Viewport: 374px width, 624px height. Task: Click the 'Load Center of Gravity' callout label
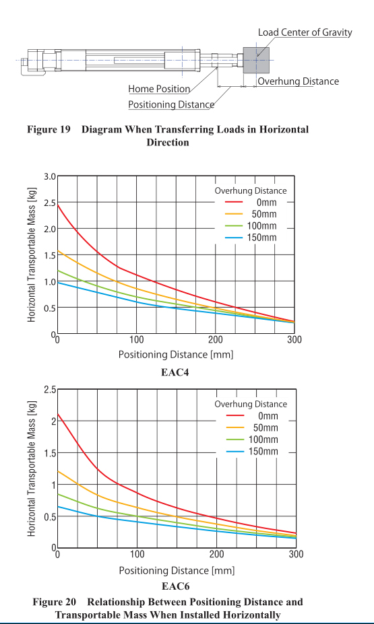click(305, 32)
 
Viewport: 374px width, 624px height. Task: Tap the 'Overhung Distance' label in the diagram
click(298, 81)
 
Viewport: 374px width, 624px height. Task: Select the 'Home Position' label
click(159, 89)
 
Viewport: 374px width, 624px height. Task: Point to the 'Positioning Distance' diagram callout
click(171, 104)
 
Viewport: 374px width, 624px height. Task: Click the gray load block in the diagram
click(256, 60)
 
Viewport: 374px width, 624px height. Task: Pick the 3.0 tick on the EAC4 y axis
click(49, 176)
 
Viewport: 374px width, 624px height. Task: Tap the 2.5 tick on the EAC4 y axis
click(49, 203)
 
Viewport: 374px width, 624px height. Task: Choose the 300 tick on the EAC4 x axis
click(294, 340)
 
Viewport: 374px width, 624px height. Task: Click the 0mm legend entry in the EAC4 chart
click(251, 202)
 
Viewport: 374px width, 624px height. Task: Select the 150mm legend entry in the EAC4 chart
click(251, 238)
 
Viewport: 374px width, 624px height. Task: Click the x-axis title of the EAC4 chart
click(176, 354)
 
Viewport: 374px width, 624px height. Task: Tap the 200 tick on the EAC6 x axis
click(217, 554)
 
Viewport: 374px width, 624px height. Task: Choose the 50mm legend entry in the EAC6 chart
click(252, 428)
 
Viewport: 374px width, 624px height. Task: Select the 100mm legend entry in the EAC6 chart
click(252, 440)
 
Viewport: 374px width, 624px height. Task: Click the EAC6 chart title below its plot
click(176, 586)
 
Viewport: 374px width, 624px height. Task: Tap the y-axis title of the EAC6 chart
click(32, 469)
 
